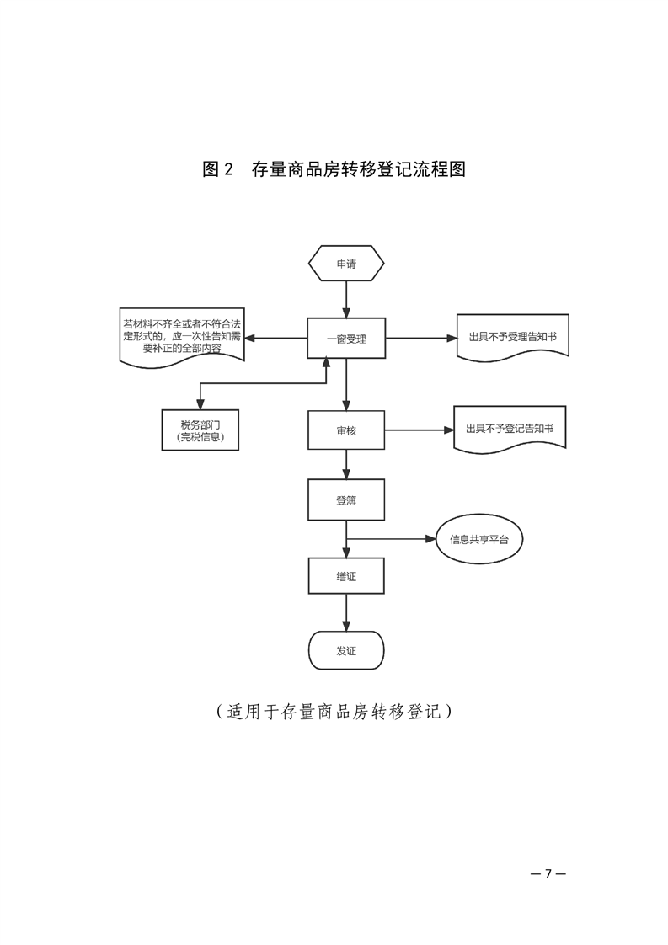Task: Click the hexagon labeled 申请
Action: [346, 264]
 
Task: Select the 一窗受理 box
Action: [346, 339]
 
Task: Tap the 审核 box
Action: [346, 430]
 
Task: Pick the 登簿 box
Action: [346, 500]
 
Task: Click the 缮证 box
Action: [346, 577]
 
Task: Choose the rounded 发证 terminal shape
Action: [346, 651]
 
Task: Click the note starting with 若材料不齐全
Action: [182, 335]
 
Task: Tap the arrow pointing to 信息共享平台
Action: [396, 539]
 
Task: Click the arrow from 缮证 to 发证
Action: [346, 614]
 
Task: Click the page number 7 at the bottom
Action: [547, 872]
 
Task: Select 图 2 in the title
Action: [217, 169]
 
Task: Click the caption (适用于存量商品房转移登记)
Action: [334, 711]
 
